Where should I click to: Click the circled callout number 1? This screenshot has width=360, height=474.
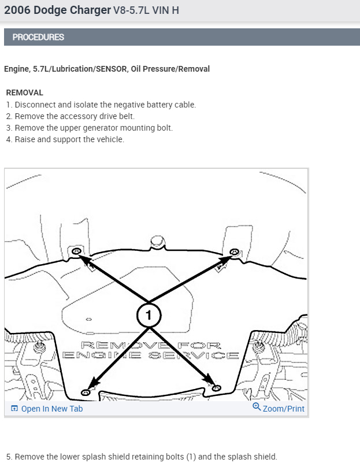coord(149,315)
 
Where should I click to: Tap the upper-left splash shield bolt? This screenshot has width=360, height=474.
coord(76,253)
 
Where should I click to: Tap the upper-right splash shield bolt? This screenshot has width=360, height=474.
coord(234,252)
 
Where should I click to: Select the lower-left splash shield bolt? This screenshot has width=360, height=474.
coord(86,392)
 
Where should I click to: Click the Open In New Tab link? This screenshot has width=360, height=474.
coord(51,409)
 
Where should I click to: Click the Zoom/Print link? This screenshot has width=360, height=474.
coord(283,409)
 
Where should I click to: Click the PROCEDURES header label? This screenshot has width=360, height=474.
coord(38,37)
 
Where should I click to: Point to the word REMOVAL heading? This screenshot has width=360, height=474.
coord(24,92)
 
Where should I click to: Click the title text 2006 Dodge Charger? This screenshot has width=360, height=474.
coord(57,10)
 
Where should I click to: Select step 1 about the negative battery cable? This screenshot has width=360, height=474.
coord(101,105)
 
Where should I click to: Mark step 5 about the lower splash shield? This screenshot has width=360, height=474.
coord(142,457)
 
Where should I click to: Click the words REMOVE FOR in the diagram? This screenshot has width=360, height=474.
coord(151,345)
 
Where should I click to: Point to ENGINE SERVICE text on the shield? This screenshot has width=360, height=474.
coord(150,355)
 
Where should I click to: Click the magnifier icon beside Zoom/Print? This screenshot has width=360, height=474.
coord(257,408)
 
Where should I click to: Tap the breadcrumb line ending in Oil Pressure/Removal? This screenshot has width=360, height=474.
coord(107,69)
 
